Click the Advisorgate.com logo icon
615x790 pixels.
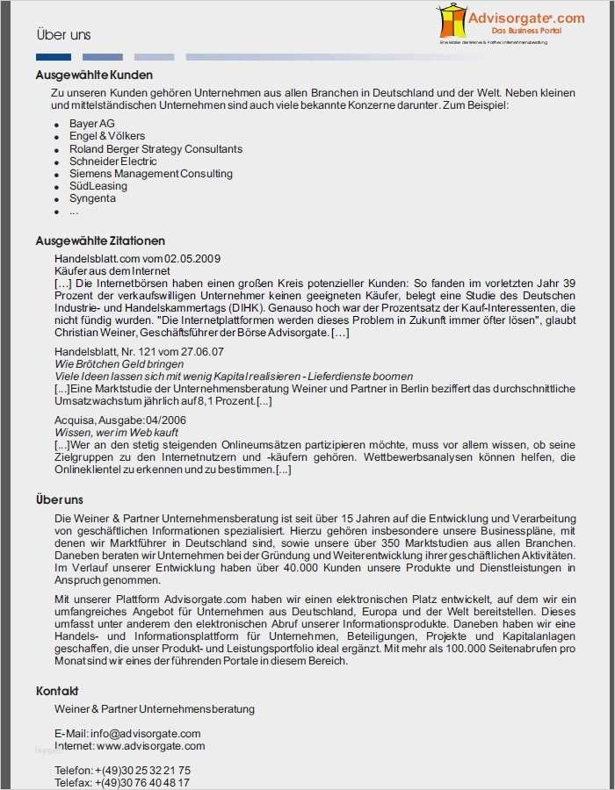coord(452,20)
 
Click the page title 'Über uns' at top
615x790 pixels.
coord(63,35)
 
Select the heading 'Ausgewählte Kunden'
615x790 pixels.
coord(94,75)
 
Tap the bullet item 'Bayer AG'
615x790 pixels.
coord(92,124)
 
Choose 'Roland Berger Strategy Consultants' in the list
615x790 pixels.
coord(156,149)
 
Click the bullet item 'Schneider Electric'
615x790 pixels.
coord(113,162)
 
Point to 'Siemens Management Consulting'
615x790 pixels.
coord(151,174)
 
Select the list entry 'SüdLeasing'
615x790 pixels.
coord(98,186)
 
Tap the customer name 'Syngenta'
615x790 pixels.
coord(92,198)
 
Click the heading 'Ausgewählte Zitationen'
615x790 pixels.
coord(100,241)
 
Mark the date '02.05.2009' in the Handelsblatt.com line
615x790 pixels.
coord(193,259)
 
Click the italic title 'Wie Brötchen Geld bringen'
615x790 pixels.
coord(119,363)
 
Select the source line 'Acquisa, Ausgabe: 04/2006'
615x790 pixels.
coord(120,420)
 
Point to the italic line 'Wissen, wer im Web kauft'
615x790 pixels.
coord(117,433)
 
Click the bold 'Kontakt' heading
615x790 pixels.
coord(57,691)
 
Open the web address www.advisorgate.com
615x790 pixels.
coord(150,746)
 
